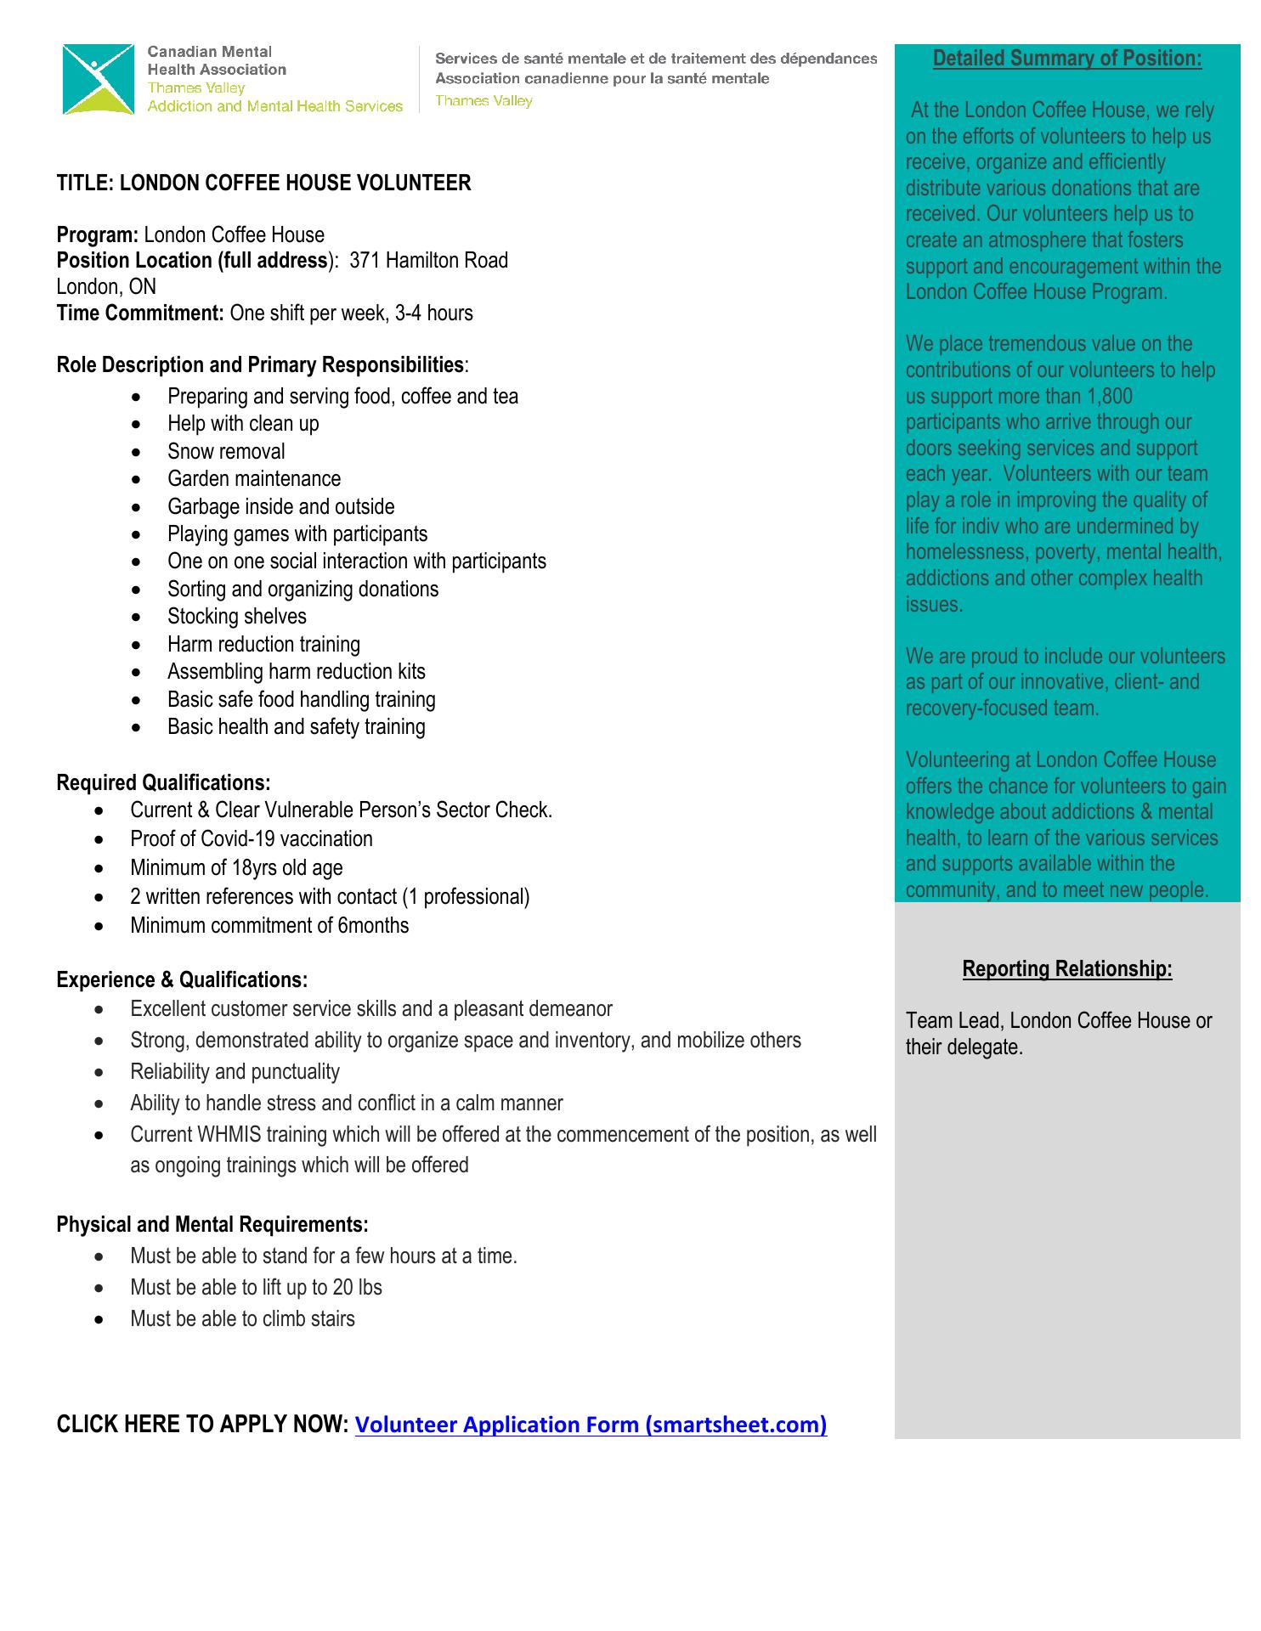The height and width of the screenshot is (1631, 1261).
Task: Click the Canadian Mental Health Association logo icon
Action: pos(99,79)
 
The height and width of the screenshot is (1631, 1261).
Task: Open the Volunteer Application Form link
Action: pos(591,1425)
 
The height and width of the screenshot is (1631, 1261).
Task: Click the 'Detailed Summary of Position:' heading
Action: pos(1067,59)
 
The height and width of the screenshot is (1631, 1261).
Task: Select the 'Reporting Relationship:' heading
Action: pos(1067,969)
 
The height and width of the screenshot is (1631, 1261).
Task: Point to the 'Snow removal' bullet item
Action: pos(226,452)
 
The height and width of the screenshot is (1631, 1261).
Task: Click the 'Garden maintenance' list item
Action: pos(254,479)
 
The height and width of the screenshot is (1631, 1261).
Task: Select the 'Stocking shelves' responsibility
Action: pos(237,617)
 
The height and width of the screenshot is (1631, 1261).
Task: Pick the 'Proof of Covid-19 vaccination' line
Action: pos(252,839)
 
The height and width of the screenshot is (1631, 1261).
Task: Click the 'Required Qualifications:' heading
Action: pos(163,782)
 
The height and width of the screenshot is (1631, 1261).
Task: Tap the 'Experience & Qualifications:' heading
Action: pos(182,980)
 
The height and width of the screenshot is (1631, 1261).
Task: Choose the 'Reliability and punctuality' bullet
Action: pos(235,1072)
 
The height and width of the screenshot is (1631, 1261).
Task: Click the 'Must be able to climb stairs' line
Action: pos(242,1319)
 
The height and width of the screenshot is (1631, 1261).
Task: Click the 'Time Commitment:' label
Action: pos(140,313)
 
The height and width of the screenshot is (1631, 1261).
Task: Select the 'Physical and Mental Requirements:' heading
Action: pos(212,1225)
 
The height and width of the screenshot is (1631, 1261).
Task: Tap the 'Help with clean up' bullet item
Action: pos(243,424)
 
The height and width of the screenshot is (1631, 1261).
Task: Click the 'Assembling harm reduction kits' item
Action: pos(297,672)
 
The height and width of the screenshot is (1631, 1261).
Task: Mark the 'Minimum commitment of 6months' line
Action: pos(269,926)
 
